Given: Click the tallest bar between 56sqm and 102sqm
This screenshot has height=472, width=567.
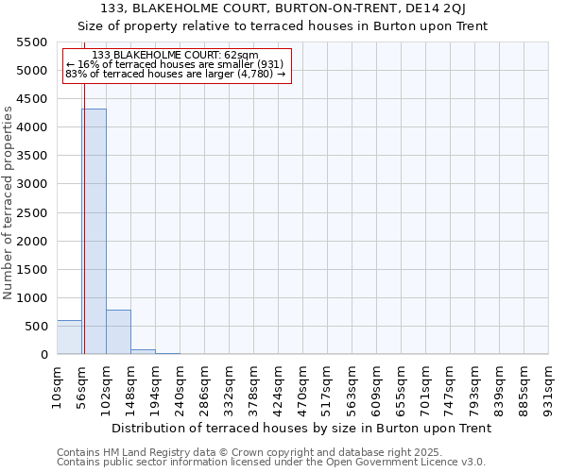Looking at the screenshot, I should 94,231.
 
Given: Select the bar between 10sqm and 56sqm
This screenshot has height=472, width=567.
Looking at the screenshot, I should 69,337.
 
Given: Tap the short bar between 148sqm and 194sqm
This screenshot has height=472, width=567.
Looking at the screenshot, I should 143,351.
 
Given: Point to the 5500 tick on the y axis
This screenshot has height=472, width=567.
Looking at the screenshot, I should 32,42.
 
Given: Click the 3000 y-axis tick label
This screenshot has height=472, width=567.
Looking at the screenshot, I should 32,184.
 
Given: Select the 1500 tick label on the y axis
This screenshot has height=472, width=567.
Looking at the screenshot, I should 32,270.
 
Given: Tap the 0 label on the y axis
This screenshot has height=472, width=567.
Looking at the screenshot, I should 43,355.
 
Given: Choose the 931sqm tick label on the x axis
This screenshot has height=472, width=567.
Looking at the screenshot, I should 549,382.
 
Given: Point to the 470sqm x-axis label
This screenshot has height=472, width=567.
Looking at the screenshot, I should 303,382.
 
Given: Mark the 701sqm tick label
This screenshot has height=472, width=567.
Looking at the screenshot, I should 426,382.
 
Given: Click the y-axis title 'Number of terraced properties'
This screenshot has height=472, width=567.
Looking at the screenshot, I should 9,203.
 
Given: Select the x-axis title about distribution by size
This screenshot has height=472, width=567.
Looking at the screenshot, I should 301,428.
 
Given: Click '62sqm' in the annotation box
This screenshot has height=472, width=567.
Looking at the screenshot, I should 240,56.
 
